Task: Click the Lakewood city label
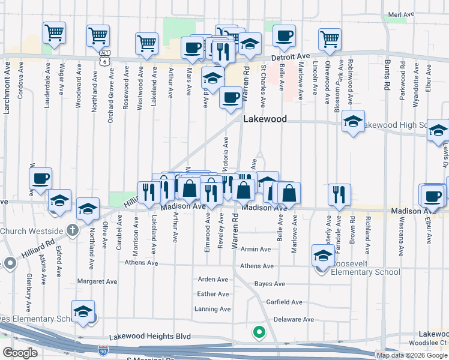(x=265, y=119)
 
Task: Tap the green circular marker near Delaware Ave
(x=259, y=331)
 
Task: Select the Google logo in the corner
(x=19, y=352)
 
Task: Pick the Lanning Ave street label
(x=212, y=310)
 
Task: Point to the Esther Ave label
(x=213, y=294)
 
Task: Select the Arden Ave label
(x=213, y=280)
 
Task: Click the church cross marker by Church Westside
(x=72, y=230)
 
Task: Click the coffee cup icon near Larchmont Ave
(x=41, y=178)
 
